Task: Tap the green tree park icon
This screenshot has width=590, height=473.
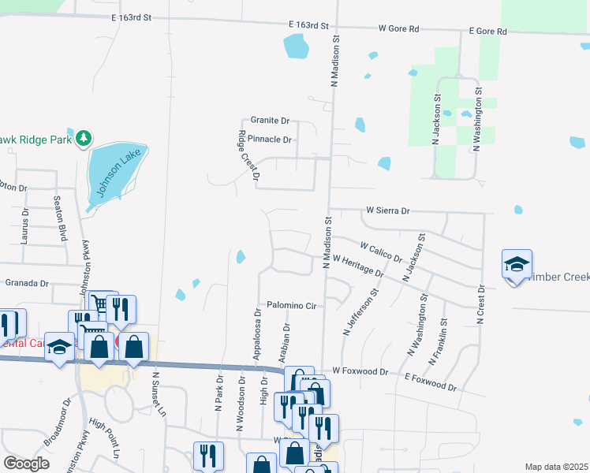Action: tap(83, 140)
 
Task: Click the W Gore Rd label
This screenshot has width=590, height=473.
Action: tap(398, 28)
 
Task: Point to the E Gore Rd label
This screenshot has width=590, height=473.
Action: tap(487, 32)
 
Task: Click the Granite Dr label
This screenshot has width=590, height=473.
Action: tap(270, 121)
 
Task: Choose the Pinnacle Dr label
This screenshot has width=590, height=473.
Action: tap(270, 140)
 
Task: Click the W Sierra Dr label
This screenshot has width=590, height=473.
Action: tap(388, 211)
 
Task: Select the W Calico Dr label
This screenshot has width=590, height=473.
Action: tap(381, 252)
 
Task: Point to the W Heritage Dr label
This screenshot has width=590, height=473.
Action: tap(358, 266)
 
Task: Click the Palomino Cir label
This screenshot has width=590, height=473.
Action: tap(291, 305)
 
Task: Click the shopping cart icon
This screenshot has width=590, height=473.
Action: tap(101, 304)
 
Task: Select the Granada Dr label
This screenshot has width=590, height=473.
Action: tap(27, 282)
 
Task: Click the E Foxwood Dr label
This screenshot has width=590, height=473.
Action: tap(430, 384)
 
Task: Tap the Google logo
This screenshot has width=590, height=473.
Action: tap(26, 463)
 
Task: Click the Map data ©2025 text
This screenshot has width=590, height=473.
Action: tap(556, 467)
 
